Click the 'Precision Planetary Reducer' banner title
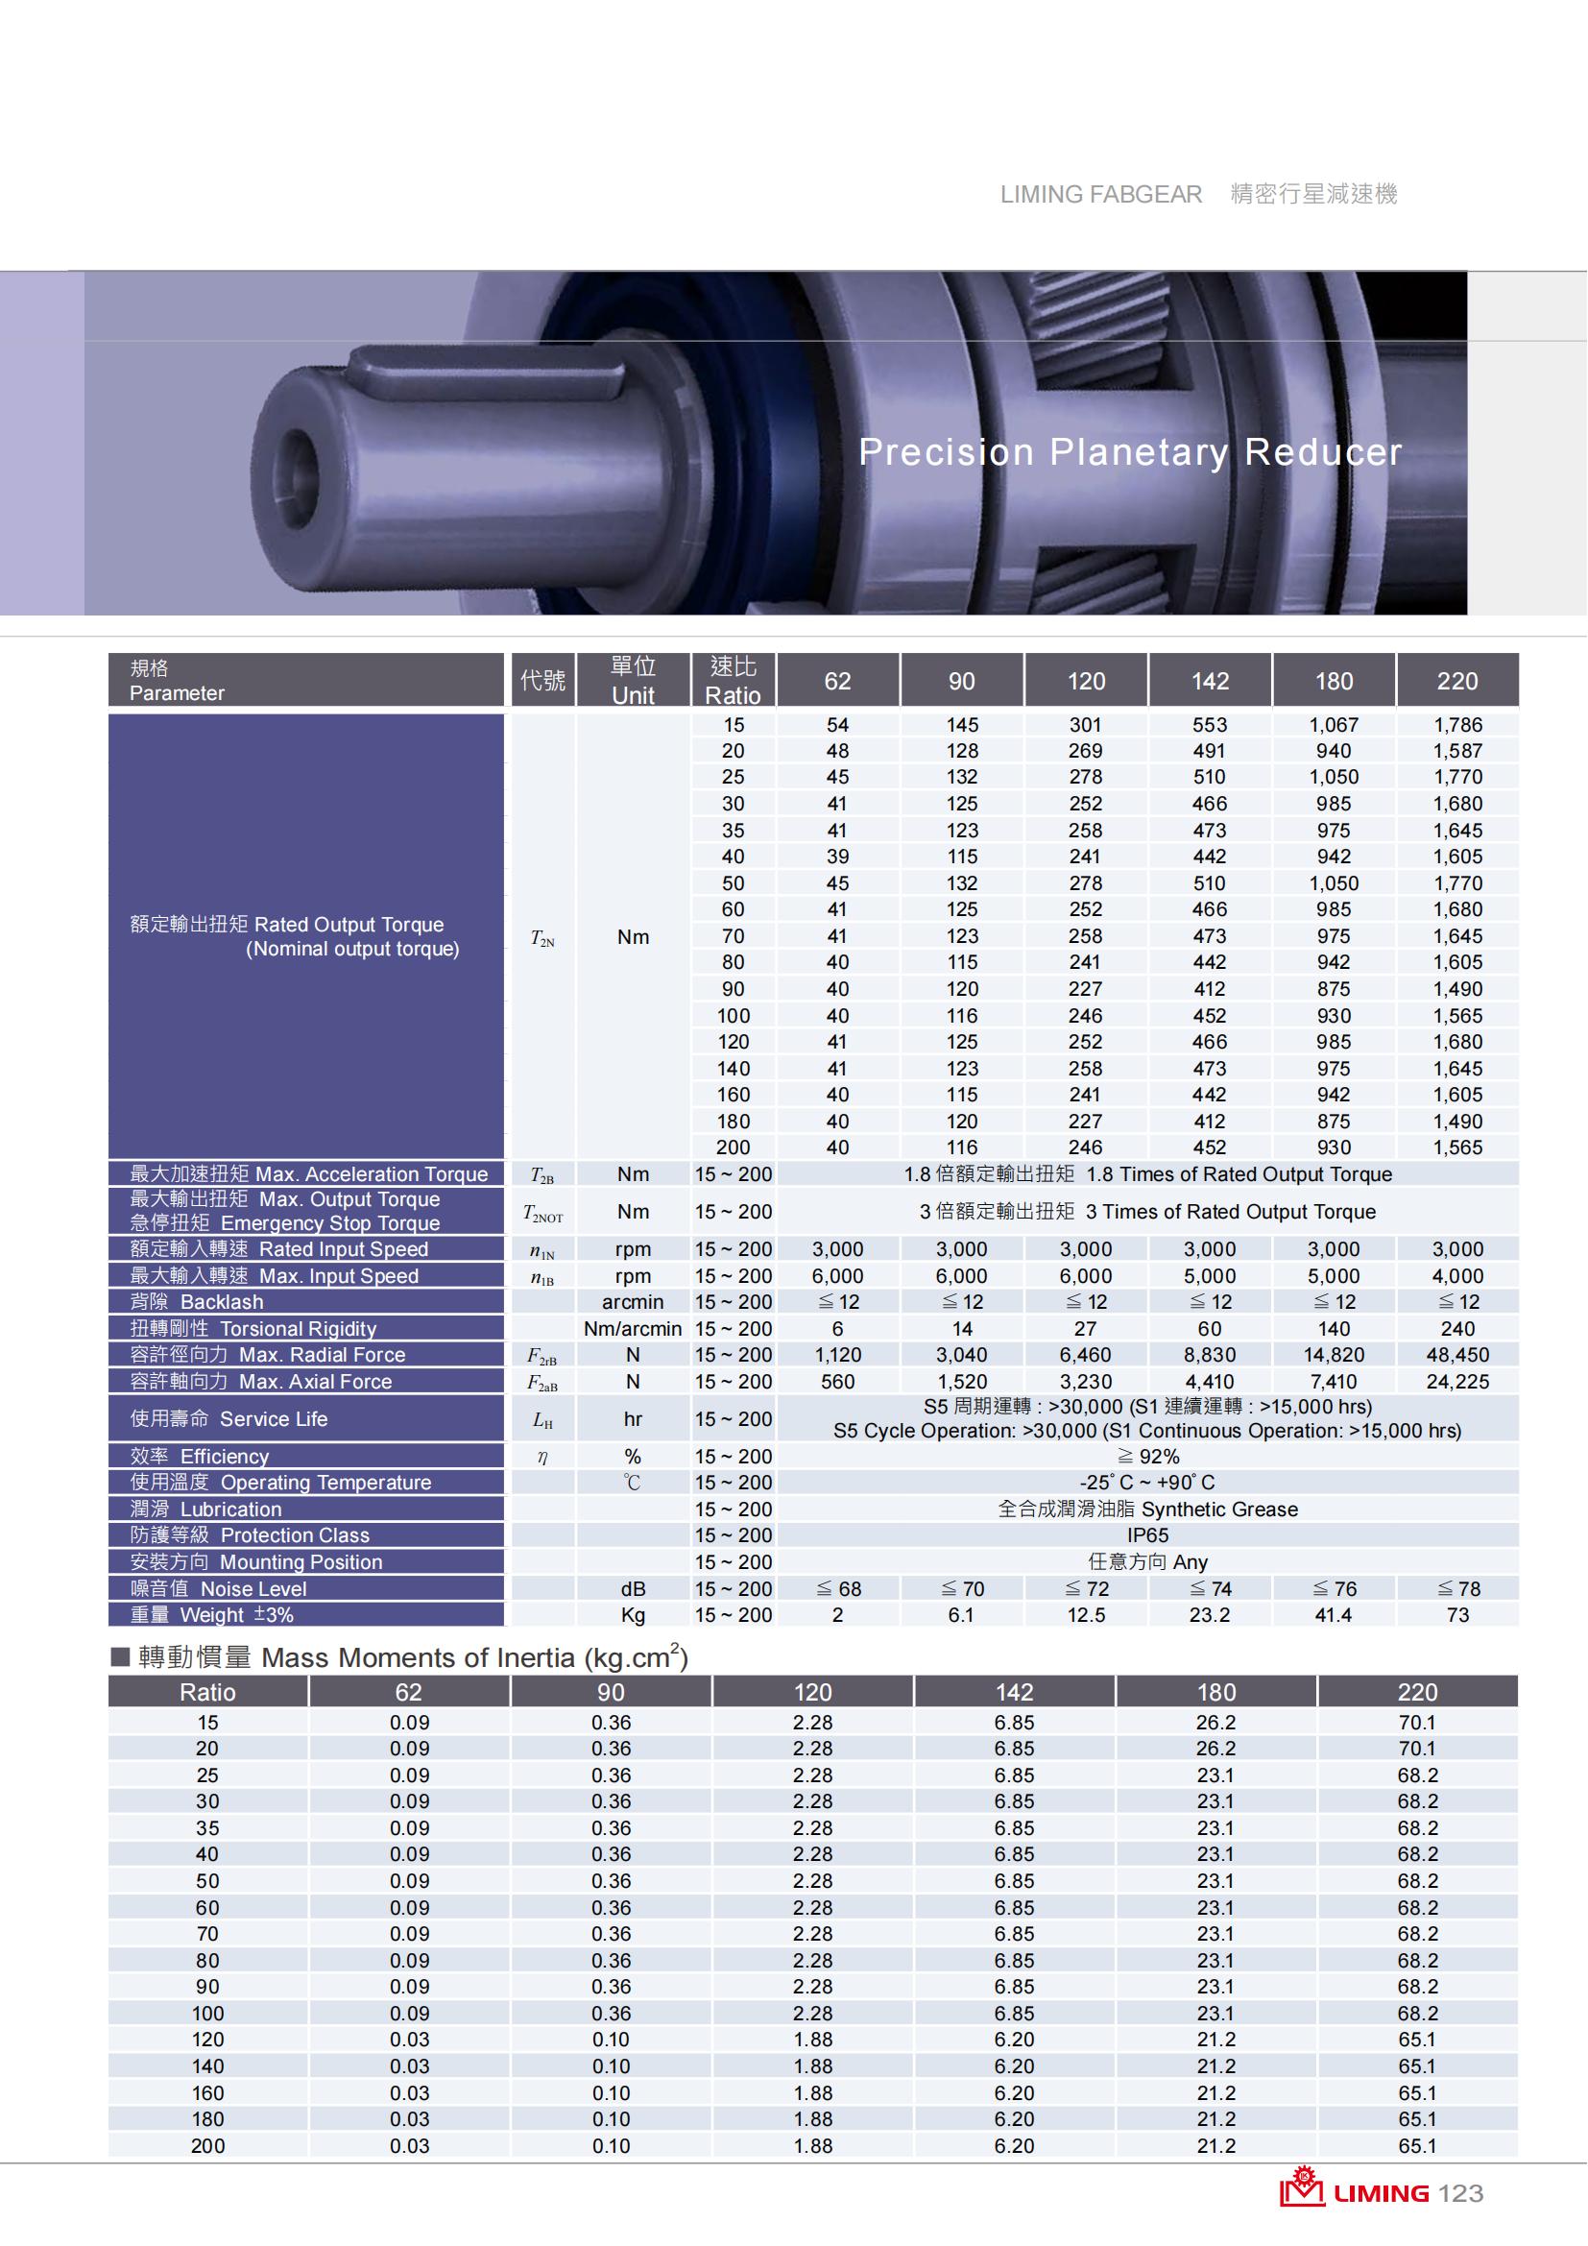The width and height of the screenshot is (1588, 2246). pos(1129,452)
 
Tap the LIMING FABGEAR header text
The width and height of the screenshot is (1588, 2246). pos(1100,195)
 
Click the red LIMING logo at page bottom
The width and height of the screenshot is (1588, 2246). pos(1354,2193)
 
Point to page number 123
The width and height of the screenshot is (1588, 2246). pos(1461,2194)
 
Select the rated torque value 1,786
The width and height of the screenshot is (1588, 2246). pos(1457,725)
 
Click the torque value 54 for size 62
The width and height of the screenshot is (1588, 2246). pos(837,725)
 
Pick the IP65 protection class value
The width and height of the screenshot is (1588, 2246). pos(1147,1534)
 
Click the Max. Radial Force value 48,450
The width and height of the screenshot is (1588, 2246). pos(1457,1355)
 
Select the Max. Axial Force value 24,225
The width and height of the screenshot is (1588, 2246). pos(1457,1381)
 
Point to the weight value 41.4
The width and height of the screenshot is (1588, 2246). pos(1333,1615)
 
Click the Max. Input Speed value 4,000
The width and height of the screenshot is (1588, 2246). pos(1457,1275)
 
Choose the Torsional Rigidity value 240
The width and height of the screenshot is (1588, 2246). pos(1457,1328)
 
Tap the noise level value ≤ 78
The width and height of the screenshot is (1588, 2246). pos(1457,1588)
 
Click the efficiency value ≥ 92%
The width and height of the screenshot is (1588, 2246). pos(1147,1457)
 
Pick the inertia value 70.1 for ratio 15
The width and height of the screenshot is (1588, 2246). pos(1417,1723)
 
